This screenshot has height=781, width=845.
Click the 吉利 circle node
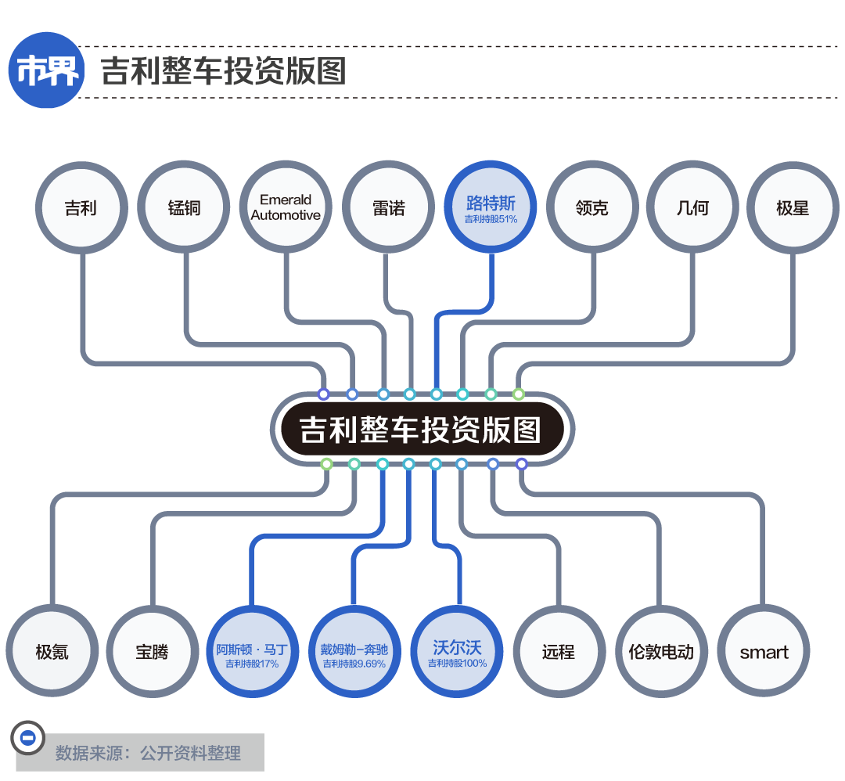pos(81,208)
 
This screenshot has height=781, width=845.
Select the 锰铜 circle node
pos(184,208)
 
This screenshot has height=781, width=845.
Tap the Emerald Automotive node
pos(286,208)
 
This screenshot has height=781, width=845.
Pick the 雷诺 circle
pos(389,208)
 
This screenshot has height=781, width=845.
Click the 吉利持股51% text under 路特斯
pos(491,220)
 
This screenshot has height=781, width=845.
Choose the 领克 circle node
pos(591,208)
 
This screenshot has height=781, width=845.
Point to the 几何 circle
pos(692,208)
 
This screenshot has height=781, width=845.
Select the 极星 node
pos(793,208)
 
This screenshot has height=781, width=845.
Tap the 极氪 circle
pos(52,652)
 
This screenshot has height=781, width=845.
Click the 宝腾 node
pos(152,652)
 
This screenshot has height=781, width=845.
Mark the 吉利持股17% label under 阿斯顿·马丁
pos(252,664)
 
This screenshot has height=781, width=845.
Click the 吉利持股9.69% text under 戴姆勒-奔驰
pos(354,664)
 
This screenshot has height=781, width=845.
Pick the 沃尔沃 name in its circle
pos(457,647)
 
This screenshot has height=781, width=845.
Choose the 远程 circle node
pos(559,652)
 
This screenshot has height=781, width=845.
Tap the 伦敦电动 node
pos(661,652)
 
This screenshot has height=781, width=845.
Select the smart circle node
pos(764,652)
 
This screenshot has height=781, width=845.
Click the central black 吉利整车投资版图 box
pos(422,429)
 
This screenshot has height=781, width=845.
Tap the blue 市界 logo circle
pos(47,70)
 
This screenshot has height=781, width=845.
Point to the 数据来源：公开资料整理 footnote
pos(148,753)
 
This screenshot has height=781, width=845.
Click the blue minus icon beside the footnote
pos(27,737)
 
